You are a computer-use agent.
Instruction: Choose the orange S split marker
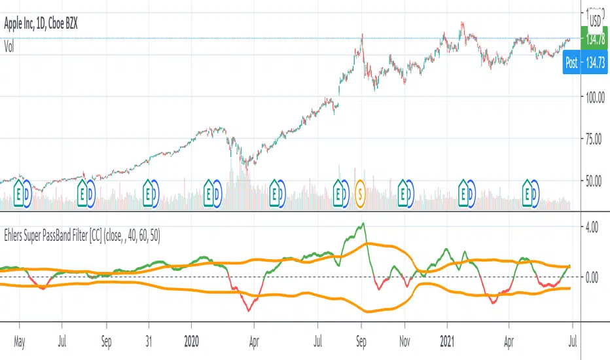point(359,194)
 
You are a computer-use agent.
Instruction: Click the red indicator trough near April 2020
point(249,311)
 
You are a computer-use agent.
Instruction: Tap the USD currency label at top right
point(595,21)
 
